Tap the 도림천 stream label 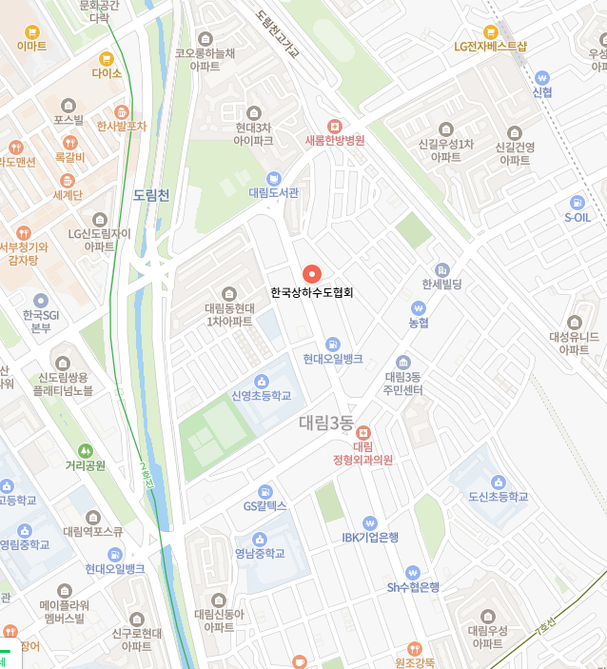(151, 196)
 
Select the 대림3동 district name (326, 423)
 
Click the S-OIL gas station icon (577, 202)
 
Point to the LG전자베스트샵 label (490, 46)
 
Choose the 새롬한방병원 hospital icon (335, 126)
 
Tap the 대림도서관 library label (274, 192)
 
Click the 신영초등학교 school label (261, 396)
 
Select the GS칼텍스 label (264, 506)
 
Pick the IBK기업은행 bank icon (370, 522)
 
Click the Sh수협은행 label (412, 587)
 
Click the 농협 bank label (419, 323)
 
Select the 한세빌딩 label (441, 285)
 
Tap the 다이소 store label (107, 72)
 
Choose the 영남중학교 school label (260, 554)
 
